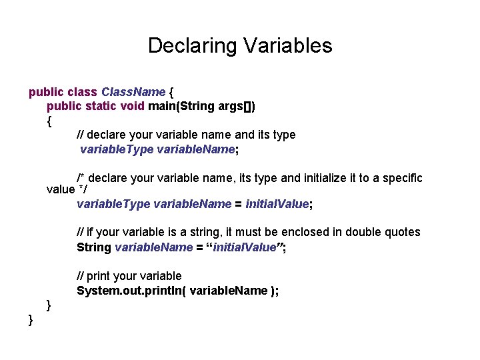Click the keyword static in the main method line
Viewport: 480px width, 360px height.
[101, 106]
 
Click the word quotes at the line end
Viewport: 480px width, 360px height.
[403, 232]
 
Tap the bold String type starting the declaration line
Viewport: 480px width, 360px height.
[94, 247]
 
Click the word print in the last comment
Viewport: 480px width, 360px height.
[99, 276]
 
